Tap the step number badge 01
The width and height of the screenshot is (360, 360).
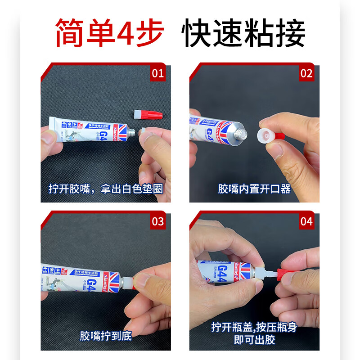tap(158, 73)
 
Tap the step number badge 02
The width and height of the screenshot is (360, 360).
tap(306, 73)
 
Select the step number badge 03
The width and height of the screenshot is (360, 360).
tap(158, 221)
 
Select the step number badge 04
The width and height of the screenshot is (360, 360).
tap(306, 221)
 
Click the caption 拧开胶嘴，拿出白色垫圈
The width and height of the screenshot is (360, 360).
tap(106, 189)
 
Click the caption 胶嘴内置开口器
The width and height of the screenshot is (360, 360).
tap(254, 189)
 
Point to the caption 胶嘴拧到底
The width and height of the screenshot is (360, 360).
tap(106, 336)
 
